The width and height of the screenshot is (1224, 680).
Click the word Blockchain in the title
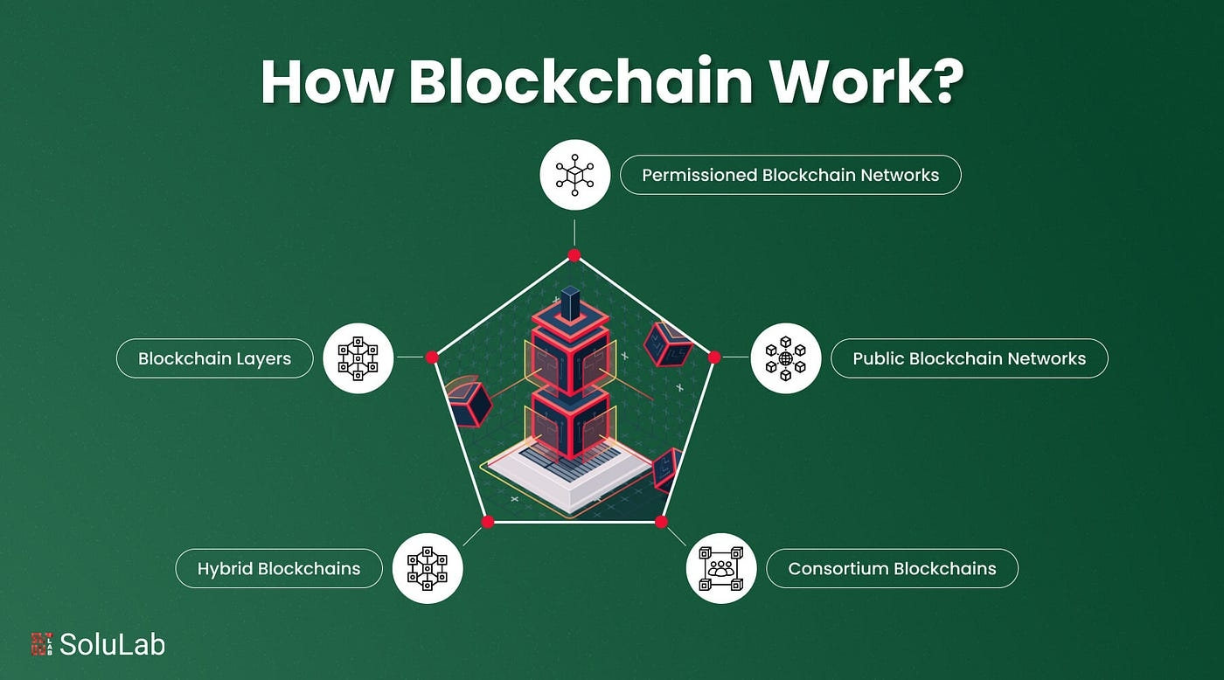581,80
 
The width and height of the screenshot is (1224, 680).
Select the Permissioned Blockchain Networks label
790,175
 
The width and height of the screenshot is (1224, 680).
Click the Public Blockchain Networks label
969,358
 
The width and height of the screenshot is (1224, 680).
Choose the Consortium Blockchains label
892,568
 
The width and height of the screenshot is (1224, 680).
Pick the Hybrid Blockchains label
279,568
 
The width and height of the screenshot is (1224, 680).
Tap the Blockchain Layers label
215,358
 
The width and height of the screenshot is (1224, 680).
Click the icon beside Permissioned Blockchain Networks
575,175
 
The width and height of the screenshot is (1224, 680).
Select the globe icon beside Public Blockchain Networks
786,358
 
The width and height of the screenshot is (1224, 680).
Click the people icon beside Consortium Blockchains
721,568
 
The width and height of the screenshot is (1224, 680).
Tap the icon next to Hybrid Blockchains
428,568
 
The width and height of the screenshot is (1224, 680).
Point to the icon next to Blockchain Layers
358,358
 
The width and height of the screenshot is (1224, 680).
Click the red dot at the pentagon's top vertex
574,255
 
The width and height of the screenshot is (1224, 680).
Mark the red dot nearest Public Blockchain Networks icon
714,357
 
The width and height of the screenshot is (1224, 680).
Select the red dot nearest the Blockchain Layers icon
432,357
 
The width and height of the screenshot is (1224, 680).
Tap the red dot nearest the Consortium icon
661,522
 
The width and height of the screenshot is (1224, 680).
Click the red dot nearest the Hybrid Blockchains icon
488,522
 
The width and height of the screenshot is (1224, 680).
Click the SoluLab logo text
113,644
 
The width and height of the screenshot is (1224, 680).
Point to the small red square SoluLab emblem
42,644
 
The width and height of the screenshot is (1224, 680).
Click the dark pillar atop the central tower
570,303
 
